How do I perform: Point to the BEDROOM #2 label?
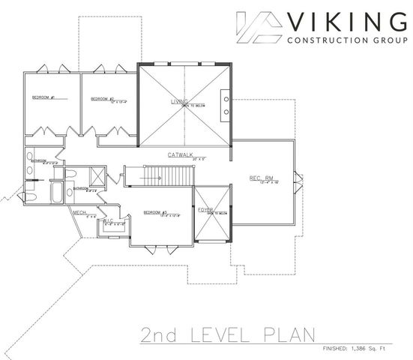102,98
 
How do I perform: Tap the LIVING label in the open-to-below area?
180,100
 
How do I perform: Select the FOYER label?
205,210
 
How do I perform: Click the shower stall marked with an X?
95,177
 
